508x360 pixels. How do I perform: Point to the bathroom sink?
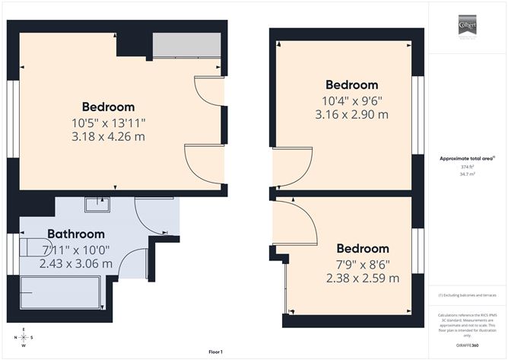tap(97, 204)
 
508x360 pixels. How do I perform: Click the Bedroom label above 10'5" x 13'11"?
tap(108, 107)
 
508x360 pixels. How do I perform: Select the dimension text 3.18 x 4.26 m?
tap(108, 137)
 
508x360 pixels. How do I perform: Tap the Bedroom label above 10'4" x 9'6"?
tap(351, 84)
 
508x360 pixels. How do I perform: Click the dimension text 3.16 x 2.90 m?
tap(351, 114)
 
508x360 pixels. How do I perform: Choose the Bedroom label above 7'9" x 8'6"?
tap(363, 249)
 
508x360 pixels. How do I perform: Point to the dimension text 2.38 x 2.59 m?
tap(363, 278)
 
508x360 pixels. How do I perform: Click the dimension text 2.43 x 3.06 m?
tap(76, 263)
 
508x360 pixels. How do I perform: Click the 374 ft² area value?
tap(466, 167)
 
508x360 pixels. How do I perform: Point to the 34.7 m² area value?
tap(466, 174)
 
